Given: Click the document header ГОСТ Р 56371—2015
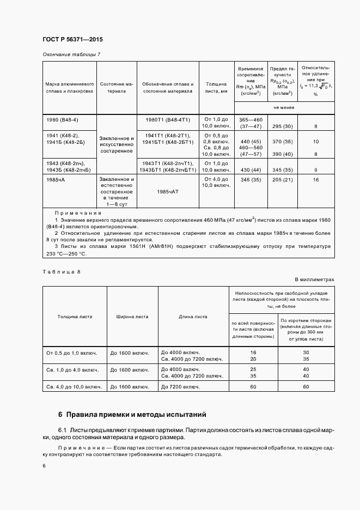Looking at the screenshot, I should (x=72, y=40).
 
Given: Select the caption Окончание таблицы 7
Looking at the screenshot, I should (x=71, y=54).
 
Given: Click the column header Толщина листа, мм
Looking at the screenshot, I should (x=216, y=88).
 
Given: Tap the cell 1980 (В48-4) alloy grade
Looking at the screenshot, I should (x=62, y=119).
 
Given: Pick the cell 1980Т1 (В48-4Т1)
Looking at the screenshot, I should (x=167, y=119).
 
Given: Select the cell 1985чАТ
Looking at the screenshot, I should (x=167, y=192).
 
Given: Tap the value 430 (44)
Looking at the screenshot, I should (x=251, y=170).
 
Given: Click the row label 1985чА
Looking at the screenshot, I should (x=56, y=179).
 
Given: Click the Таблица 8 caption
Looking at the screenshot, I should (x=61, y=270).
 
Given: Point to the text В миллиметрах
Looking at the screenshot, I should (x=314, y=279).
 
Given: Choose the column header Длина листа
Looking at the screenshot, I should (x=193, y=316).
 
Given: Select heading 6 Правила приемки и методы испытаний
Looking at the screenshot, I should (x=132, y=415).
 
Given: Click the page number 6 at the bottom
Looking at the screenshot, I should (x=44, y=466).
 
